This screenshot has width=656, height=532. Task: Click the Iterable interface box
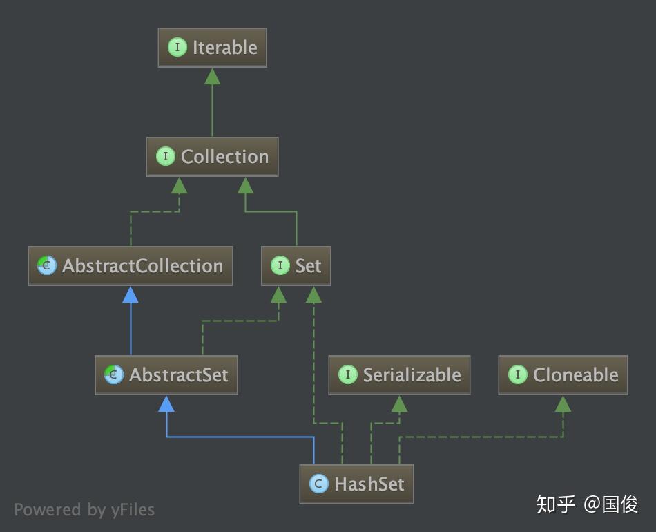(212, 48)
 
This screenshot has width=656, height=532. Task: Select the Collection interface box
(212, 157)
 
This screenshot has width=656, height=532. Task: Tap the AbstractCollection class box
(131, 266)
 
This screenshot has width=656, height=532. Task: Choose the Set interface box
(296, 266)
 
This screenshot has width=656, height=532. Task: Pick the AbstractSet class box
(166, 375)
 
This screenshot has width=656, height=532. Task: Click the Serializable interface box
(399, 375)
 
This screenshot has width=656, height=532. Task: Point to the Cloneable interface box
(563, 375)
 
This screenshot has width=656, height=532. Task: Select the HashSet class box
(356, 484)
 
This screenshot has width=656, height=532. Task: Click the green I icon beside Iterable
(177, 48)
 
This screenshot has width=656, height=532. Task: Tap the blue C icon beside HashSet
(318, 484)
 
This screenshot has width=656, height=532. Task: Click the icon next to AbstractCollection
(47, 266)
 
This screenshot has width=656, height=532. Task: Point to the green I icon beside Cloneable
(517, 375)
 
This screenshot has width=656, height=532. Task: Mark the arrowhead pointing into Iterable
(212, 76)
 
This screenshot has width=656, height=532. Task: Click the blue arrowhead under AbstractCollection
(131, 294)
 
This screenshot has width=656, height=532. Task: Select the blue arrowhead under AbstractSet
(166, 403)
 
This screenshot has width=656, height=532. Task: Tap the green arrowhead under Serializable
(399, 403)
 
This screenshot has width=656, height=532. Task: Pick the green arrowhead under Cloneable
(563, 403)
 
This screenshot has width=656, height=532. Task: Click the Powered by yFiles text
(84, 510)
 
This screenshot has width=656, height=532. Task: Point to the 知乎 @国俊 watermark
(587, 504)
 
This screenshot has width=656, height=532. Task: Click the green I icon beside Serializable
(347, 375)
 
